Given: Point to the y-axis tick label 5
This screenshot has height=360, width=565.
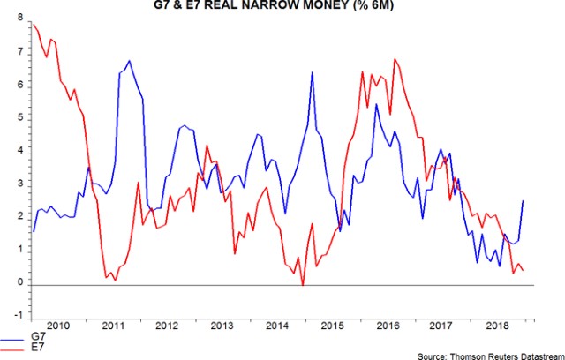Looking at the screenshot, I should click(x=19, y=119).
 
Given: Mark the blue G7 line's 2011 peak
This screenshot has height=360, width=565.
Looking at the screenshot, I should click(x=129, y=61).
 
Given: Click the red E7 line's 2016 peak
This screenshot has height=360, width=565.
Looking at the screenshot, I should click(x=395, y=59).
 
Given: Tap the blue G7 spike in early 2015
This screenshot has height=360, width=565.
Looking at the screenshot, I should click(x=313, y=71).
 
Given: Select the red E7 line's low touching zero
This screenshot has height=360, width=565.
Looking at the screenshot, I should click(x=303, y=284).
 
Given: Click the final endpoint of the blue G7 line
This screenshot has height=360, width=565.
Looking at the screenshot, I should click(x=524, y=201).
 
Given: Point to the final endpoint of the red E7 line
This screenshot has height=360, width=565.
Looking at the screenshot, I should click(x=524, y=270).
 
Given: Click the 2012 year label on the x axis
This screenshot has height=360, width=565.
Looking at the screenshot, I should click(x=166, y=326).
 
